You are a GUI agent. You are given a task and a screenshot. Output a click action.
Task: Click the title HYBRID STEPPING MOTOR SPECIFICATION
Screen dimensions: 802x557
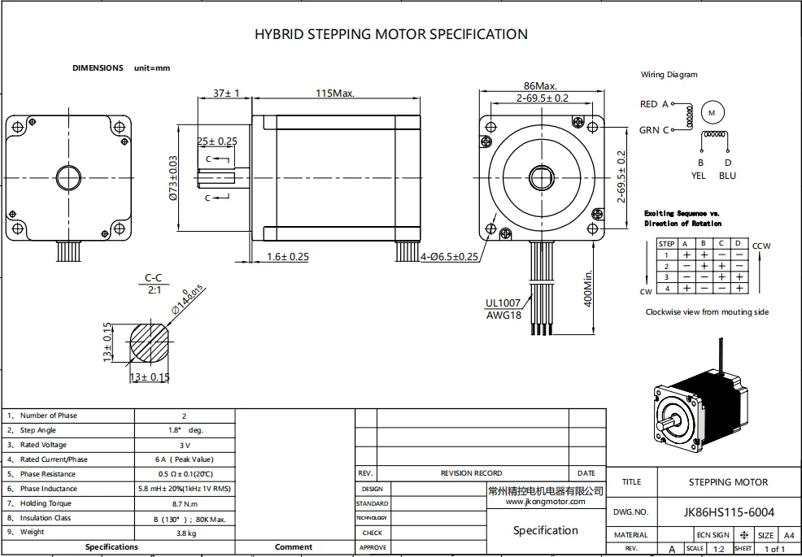[390, 34]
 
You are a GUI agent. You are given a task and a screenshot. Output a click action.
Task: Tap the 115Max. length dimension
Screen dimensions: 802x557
[335, 94]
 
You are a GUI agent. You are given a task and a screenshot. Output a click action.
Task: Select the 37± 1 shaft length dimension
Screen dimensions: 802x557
[225, 94]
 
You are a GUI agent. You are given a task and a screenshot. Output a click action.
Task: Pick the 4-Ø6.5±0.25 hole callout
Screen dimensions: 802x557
[449, 257]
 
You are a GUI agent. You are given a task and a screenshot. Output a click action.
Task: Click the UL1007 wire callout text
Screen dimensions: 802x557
[503, 303]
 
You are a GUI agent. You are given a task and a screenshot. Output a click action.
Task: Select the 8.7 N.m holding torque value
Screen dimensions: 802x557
[185, 503]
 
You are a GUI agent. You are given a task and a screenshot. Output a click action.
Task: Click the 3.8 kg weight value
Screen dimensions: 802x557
[185, 532]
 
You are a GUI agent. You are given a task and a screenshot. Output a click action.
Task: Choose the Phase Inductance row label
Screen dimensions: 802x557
[49, 489]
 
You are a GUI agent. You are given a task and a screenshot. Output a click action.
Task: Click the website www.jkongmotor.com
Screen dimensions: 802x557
[545, 502]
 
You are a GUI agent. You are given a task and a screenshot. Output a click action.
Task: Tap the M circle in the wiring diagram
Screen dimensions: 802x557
[712, 112]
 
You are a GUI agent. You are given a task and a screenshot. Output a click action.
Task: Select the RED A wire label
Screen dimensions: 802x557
[654, 104]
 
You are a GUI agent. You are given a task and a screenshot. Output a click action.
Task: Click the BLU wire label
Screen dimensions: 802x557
[727, 175]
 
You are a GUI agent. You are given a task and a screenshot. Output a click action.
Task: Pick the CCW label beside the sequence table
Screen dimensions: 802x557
[762, 245]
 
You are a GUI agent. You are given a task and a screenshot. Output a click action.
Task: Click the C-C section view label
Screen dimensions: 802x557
[154, 278]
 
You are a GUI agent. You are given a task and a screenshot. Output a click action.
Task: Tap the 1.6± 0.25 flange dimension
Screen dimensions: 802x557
[288, 257]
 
